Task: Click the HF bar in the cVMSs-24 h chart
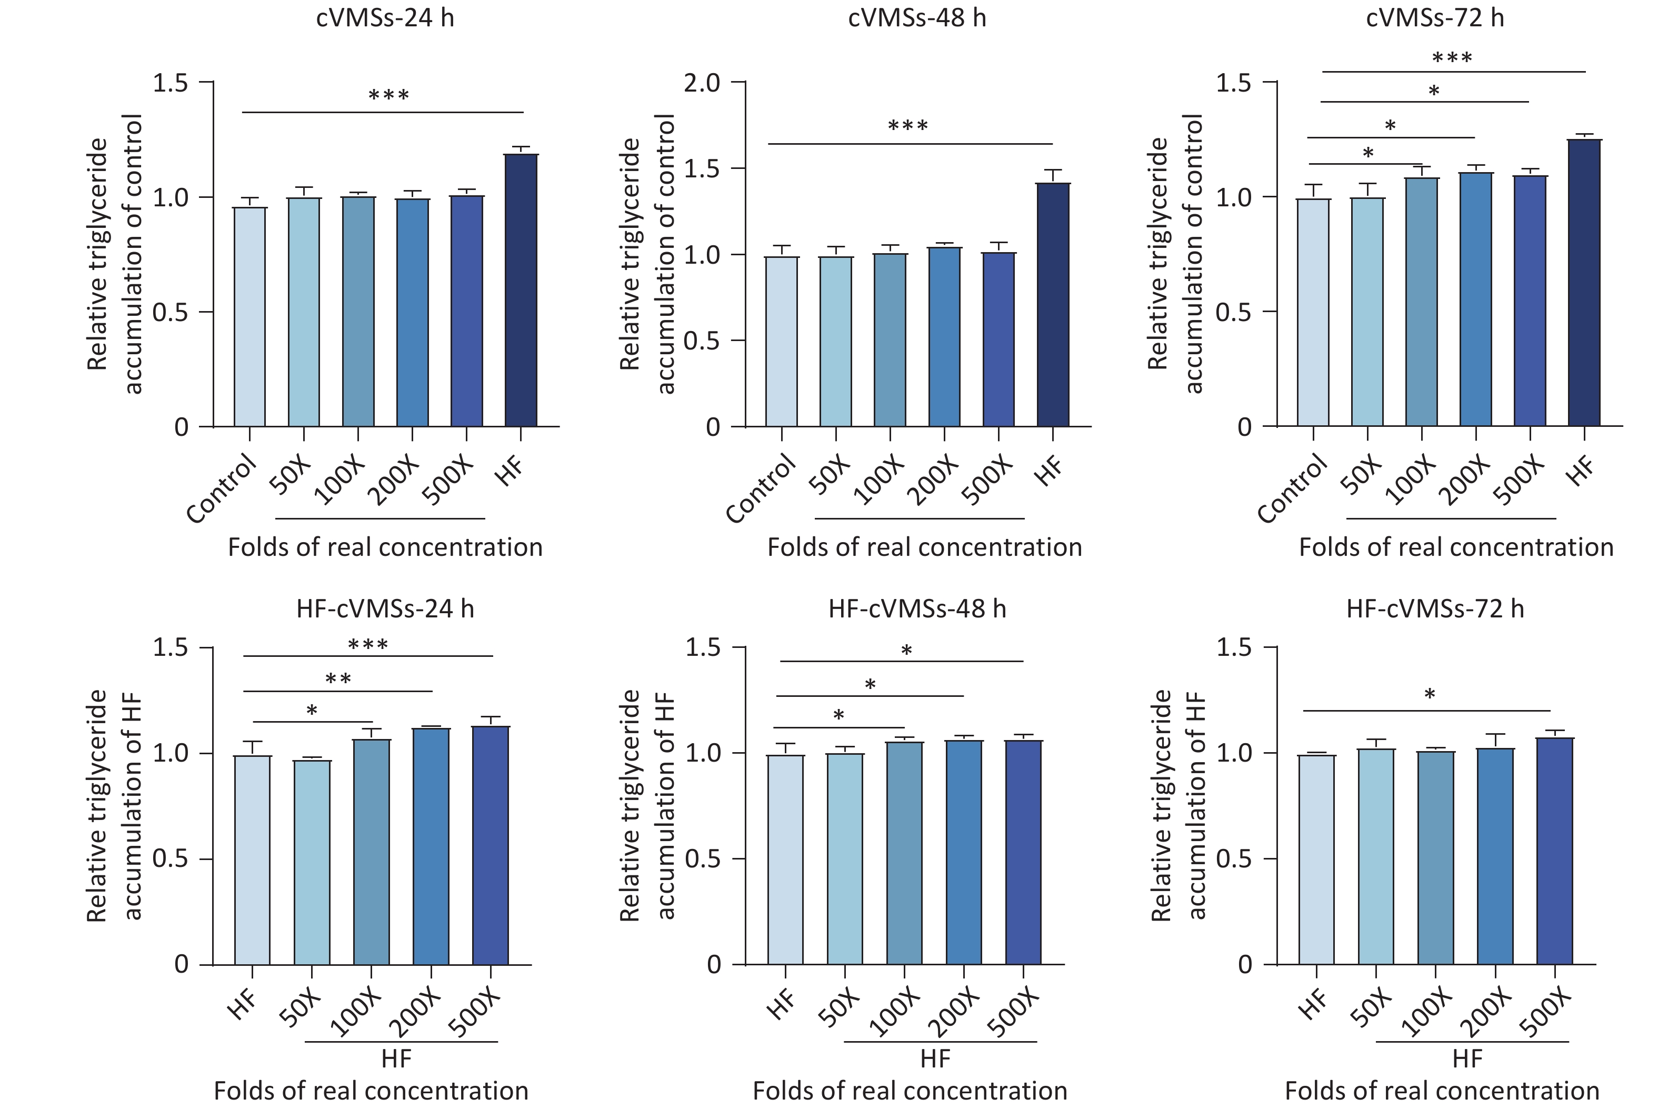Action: coord(521,290)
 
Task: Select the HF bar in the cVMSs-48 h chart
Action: coord(1053,304)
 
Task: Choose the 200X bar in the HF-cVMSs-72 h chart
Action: coord(1495,856)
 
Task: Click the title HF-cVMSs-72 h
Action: coord(1435,609)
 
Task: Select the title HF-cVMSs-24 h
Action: coord(385,609)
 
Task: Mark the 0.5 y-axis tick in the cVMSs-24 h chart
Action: coord(171,312)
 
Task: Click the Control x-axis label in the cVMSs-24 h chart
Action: coord(222,489)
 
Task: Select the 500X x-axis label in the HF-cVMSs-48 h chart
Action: coord(1014,1014)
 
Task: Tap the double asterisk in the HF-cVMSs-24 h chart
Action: coord(338,680)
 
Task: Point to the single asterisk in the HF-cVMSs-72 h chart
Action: coord(1430,695)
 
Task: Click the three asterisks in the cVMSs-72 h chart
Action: coord(1452,58)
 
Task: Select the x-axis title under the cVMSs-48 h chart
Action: coord(924,547)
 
